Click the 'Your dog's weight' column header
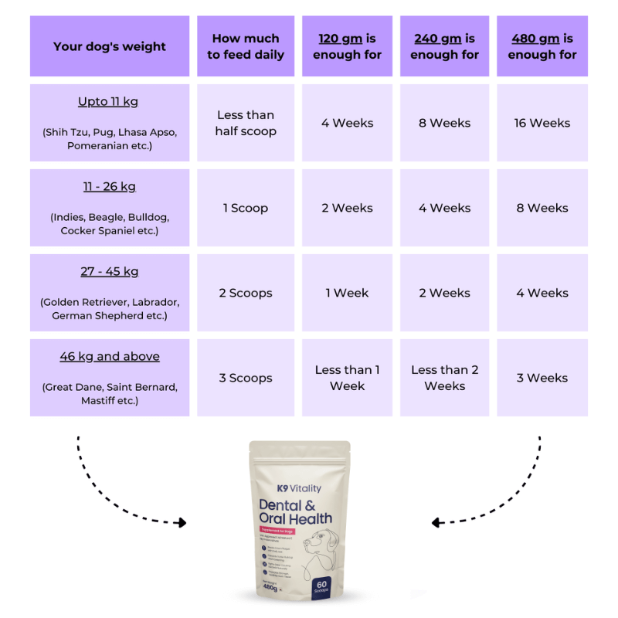[x=110, y=46]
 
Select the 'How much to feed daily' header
[x=246, y=46]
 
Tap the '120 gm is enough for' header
[x=347, y=46]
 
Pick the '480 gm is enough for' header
[x=542, y=46]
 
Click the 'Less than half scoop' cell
[x=246, y=123]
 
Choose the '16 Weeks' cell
[x=542, y=123]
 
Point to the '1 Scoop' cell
[x=246, y=208]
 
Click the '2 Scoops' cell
[x=246, y=293]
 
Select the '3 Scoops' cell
[x=246, y=378]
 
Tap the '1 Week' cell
[x=347, y=293]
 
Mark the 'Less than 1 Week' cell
[x=347, y=378]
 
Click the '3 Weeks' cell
[x=542, y=378]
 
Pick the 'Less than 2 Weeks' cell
[x=445, y=378]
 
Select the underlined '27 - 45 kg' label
[x=110, y=272]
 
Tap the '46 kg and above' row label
[x=110, y=357]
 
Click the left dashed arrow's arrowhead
[x=182, y=523]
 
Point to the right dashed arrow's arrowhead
[x=436, y=523]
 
